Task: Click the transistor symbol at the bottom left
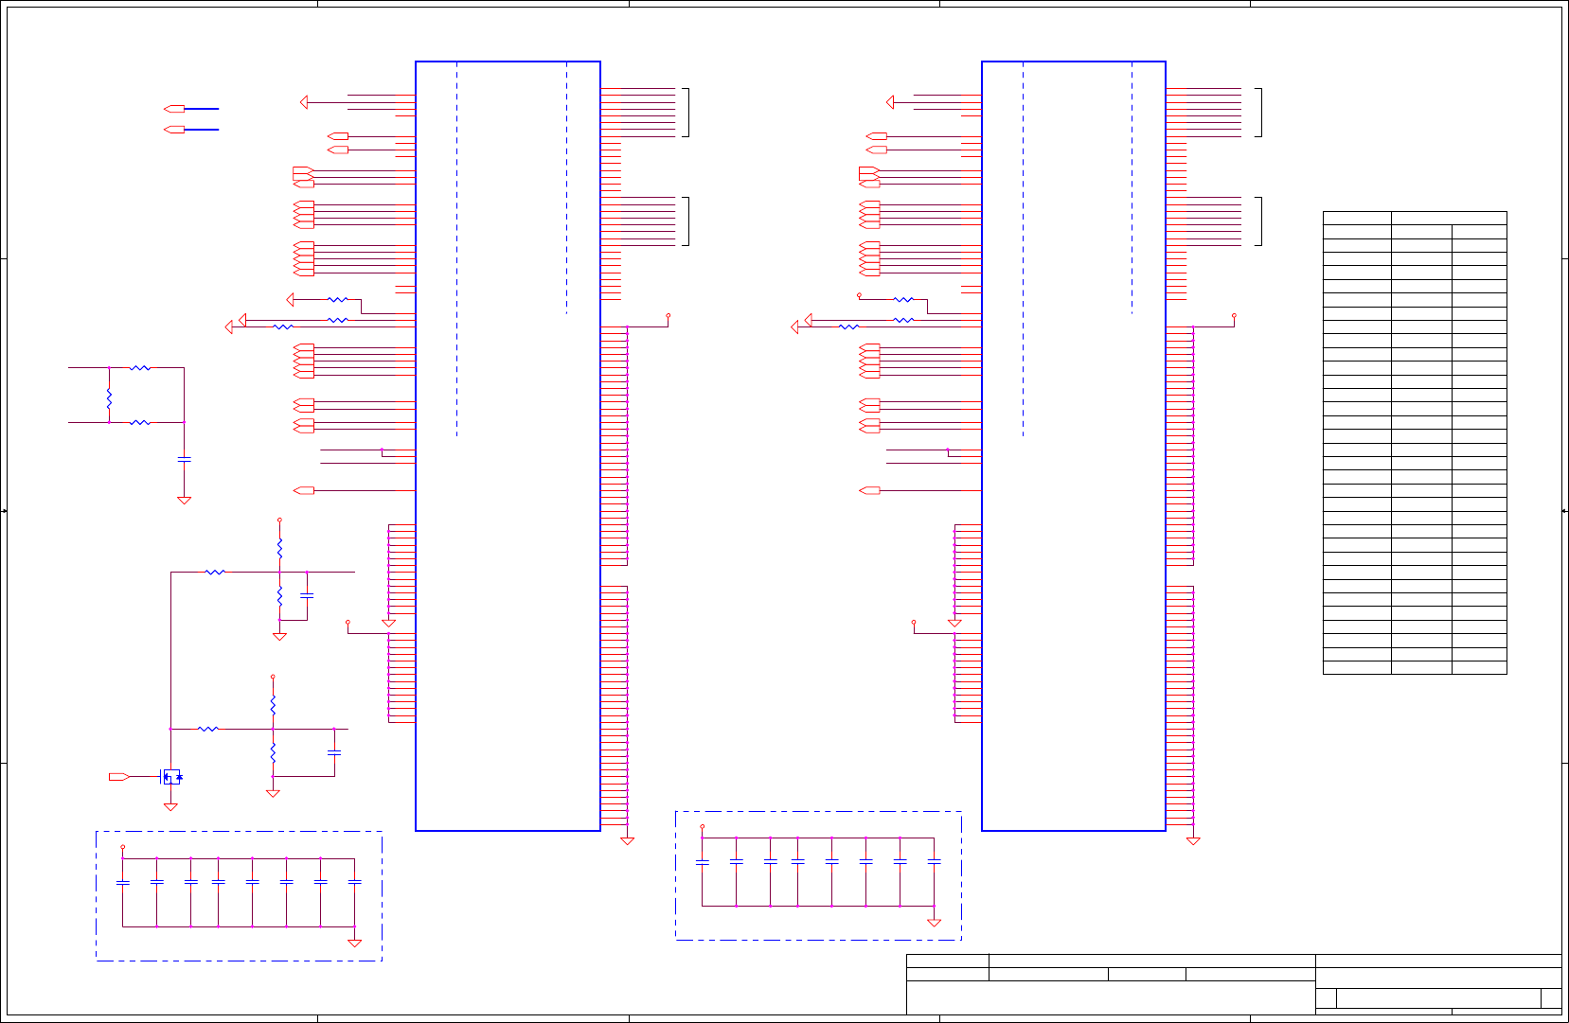[x=170, y=777]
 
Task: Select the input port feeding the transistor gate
[x=118, y=777]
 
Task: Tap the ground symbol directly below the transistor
[x=170, y=807]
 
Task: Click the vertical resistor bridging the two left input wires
[x=109, y=398]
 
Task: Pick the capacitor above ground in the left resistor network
[x=184, y=459]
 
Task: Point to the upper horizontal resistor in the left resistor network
[x=140, y=367]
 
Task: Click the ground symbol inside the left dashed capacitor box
[x=354, y=943]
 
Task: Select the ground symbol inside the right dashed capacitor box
[x=934, y=923]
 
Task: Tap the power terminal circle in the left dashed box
[x=122, y=847]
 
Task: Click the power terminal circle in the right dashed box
[x=702, y=826]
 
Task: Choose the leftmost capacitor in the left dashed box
[x=122, y=882]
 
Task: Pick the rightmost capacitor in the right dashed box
[x=934, y=861]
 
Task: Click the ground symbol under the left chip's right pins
[x=626, y=840]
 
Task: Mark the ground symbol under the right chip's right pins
[x=1193, y=840]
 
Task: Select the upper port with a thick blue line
[x=174, y=109]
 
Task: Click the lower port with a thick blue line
[x=174, y=130]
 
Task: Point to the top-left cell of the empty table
[x=1356, y=218]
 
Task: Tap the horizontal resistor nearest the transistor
[x=208, y=729]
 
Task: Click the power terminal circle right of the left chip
[x=669, y=315]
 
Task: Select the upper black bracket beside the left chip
[x=686, y=113]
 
